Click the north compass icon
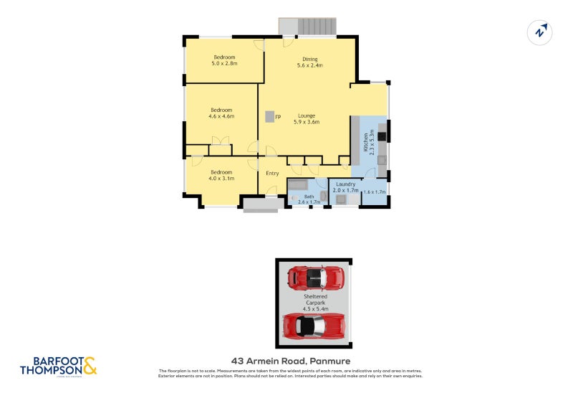(x=540, y=32)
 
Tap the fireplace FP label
(x=278, y=116)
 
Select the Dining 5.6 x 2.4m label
(x=310, y=62)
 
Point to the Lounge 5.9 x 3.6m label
(x=307, y=118)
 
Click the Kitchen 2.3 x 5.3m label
(x=368, y=141)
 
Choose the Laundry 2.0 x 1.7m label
(x=346, y=187)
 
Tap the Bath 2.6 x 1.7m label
(x=309, y=199)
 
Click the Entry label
(x=272, y=173)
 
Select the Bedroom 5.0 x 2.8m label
(x=224, y=60)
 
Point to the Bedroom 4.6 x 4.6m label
(x=221, y=113)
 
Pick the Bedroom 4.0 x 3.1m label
(x=221, y=175)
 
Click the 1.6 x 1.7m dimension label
(x=375, y=192)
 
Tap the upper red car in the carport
(x=315, y=275)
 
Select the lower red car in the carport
(x=312, y=326)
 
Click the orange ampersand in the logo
(x=90, y=367)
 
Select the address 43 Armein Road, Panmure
(x=290, y=361)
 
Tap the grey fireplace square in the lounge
(x=269, y=116)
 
